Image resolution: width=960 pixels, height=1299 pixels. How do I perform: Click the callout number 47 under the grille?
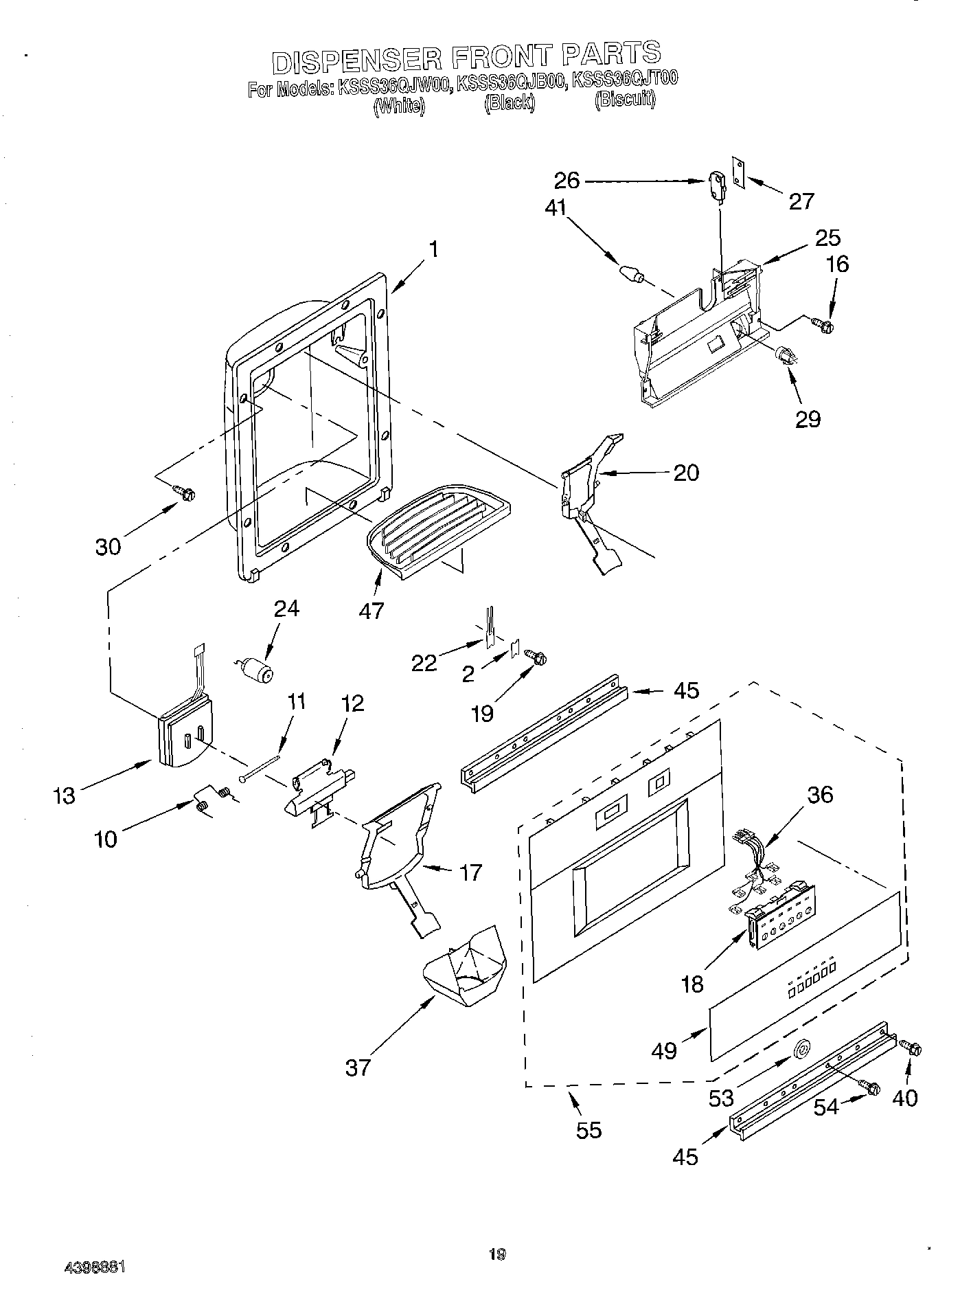point(372,609)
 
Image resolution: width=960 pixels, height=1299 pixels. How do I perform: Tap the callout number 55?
point(588,1129)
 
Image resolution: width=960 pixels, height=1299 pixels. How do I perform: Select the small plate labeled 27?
point(738,170)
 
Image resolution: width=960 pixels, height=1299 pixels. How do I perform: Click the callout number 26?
point(567,181)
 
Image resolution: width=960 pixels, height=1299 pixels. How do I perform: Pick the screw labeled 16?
point(822,322)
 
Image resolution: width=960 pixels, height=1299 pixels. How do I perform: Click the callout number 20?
point(686,473)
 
